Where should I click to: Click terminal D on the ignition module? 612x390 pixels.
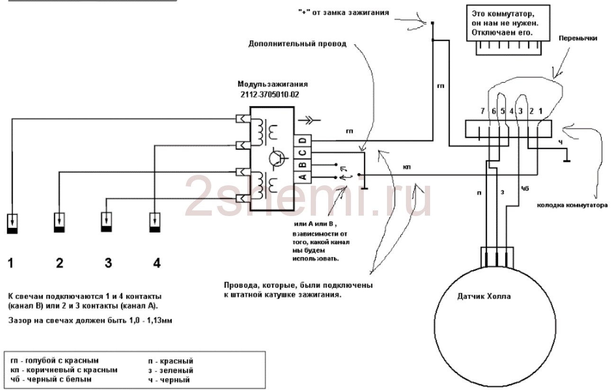click(x=304, y=141)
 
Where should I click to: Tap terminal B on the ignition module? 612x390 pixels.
click(x=304, y=164)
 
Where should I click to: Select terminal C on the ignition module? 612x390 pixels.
click(x=304, y=153)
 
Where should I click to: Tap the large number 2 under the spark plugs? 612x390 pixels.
click(x=60, y=263)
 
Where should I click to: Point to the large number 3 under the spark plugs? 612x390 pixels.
click(x=108, y=263)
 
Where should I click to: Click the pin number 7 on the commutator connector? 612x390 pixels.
click(x=482, y=111)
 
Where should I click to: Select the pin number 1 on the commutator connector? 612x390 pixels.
click(x=540, y=111)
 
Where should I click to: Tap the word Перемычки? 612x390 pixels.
click(x=577, y=38)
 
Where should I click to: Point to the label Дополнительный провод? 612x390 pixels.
click(x=297, y=44)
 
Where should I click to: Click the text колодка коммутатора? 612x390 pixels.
click(x=572, y=206)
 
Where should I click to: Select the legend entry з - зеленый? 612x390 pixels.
click(x=171, y=370)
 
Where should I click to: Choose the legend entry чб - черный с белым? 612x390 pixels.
click(x=51, y=379)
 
